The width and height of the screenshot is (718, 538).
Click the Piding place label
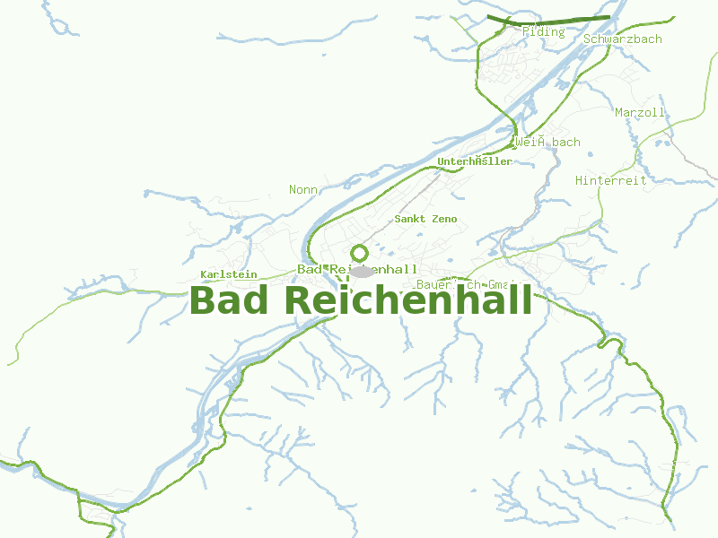[x=543, y=32]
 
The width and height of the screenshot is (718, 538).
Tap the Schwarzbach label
[x=622, y=39]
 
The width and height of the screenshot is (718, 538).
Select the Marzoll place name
[x=640, y=113]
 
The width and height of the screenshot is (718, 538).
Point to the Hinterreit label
[x=610, y=180]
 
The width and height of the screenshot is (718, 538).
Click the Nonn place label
[x=303, y=189]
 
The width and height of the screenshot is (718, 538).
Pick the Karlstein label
[x=229, y=274]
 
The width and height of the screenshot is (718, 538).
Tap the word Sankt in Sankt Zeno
[x=410, y=219]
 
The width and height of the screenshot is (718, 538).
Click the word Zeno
[x=443, y=219]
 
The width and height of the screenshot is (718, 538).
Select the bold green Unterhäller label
[x=474, y=161]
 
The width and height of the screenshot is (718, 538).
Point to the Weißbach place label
[x=547, y=142]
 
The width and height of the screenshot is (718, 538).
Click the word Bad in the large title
[x=229, y=300]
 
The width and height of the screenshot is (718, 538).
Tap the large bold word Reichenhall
[x=408, y=300]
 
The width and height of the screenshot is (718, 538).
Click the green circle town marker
[x=360, y=253]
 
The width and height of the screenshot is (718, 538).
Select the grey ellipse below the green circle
[x=362, y=271]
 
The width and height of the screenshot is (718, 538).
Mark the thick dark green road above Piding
[x=547, y=18]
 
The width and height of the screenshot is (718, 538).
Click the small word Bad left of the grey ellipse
[x=310, y=269]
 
